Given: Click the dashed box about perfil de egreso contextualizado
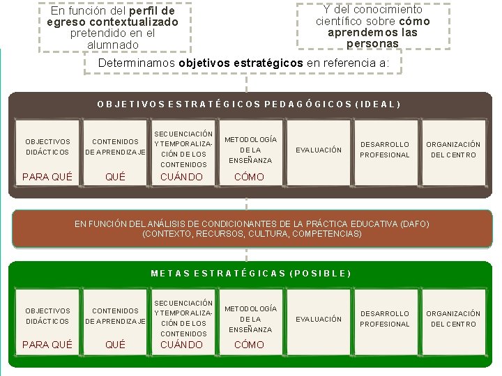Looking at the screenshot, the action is [x=114, y=28].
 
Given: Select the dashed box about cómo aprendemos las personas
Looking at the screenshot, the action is [x=373, y=26].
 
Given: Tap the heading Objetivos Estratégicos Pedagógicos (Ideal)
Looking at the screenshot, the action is [x=249, y=104].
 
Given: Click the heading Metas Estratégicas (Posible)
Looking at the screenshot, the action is [x=251, y=273].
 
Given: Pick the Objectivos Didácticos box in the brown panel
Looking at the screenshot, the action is [x=47, y=146].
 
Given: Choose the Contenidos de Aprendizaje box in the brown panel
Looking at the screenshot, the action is [x=115, y=146].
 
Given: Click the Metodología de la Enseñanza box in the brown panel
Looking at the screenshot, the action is [x=250, y=150].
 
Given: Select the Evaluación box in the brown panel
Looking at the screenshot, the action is [x=319, y=150].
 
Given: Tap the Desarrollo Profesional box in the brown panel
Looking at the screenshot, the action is [x=385, y=150].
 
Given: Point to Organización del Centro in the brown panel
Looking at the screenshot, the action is [x=453, y=150].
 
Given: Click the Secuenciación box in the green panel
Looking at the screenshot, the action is [x=183, y=318].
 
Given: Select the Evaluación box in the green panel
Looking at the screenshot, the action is [x=319, y=319].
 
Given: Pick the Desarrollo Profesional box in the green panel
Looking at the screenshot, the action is [x=385, y=319].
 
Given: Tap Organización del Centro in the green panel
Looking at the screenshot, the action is [x=453, y=319].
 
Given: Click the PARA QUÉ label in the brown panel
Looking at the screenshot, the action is [x=47, y=177].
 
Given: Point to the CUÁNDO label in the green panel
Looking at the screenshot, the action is [x=182, y=345].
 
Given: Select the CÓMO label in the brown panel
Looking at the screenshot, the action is [x=249, y=177].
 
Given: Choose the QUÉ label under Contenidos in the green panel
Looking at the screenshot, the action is [x=115, y=345].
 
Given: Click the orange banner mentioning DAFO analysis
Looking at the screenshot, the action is [x=251, y=228].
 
